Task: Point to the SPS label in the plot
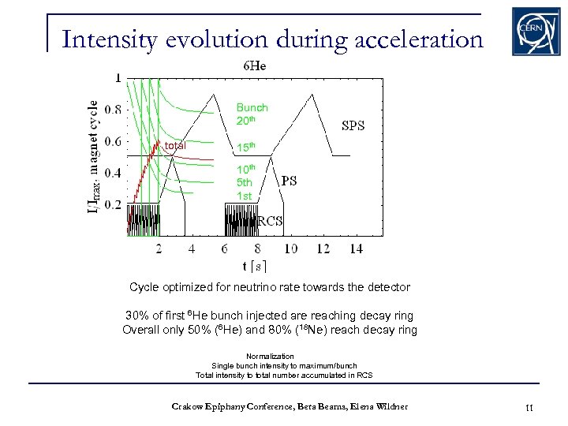point(353,125)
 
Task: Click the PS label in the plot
point(289,181)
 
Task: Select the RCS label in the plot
point(270,222)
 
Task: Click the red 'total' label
point(175,146)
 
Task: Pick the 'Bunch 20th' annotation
point(252,114)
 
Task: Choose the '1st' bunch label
point(245,195)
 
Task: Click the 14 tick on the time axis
point(355,248)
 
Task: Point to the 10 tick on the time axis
point(290,248)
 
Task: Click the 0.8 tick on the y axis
point(113,110)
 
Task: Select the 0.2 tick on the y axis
point(113,204)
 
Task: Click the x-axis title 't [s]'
point(254,266)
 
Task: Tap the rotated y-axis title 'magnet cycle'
point(94,140)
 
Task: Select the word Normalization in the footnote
point(270,356)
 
